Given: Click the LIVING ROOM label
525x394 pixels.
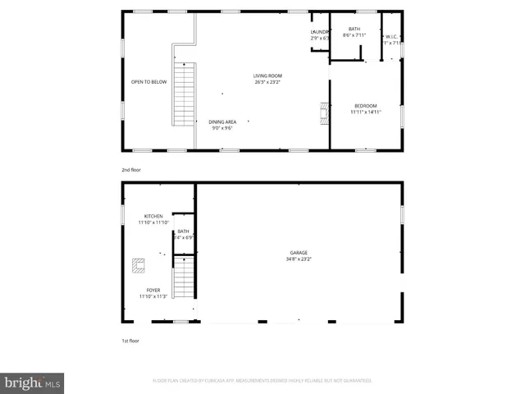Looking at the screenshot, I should [267, 76].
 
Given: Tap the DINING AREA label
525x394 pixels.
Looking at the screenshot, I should [222, 121].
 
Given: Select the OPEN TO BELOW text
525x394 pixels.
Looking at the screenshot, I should [149, 82].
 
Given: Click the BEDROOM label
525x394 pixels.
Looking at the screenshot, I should [365, 105].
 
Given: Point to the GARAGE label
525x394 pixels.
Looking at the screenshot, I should [299, 253].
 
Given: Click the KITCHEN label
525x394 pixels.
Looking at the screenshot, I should [153, 216].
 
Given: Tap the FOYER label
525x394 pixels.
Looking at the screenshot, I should [153, 290].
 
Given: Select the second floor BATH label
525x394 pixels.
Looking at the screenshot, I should [354, 29].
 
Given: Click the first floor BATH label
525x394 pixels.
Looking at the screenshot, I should [183, 231].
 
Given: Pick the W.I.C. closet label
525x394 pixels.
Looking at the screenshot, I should [392, 36].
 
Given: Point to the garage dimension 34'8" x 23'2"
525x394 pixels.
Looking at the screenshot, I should [299, 259].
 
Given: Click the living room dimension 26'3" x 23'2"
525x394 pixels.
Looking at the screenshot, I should [267, 82].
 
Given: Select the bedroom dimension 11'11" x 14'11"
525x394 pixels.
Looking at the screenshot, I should [365, 112].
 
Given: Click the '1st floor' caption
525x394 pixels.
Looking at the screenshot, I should [131, 340].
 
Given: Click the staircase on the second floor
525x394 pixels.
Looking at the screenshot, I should [184, 94].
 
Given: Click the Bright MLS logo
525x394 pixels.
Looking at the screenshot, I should [33, 383].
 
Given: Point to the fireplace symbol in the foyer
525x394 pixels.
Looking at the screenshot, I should [139, 264].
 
